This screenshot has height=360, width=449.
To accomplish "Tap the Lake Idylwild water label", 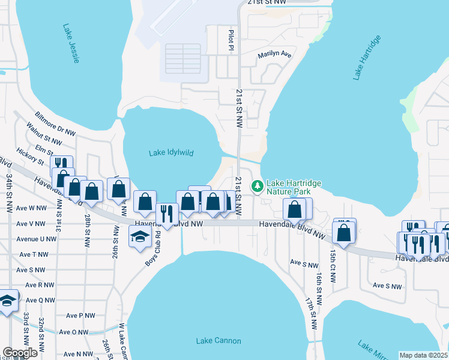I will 171,153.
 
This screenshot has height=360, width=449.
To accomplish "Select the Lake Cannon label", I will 218,341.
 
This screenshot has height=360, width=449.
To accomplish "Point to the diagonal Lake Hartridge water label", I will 367,58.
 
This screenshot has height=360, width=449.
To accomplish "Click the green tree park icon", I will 258,187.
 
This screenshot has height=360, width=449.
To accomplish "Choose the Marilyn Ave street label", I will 274,55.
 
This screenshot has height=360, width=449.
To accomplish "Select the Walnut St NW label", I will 44,135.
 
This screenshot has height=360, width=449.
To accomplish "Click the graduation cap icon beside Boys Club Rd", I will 140,236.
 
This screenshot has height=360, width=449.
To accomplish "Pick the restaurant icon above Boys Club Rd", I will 167,213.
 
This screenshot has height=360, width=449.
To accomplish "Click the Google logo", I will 20,353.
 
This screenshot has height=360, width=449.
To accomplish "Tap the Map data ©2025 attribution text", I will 423,355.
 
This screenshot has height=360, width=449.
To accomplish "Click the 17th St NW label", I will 311,312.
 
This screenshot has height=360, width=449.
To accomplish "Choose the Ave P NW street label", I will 80,315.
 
